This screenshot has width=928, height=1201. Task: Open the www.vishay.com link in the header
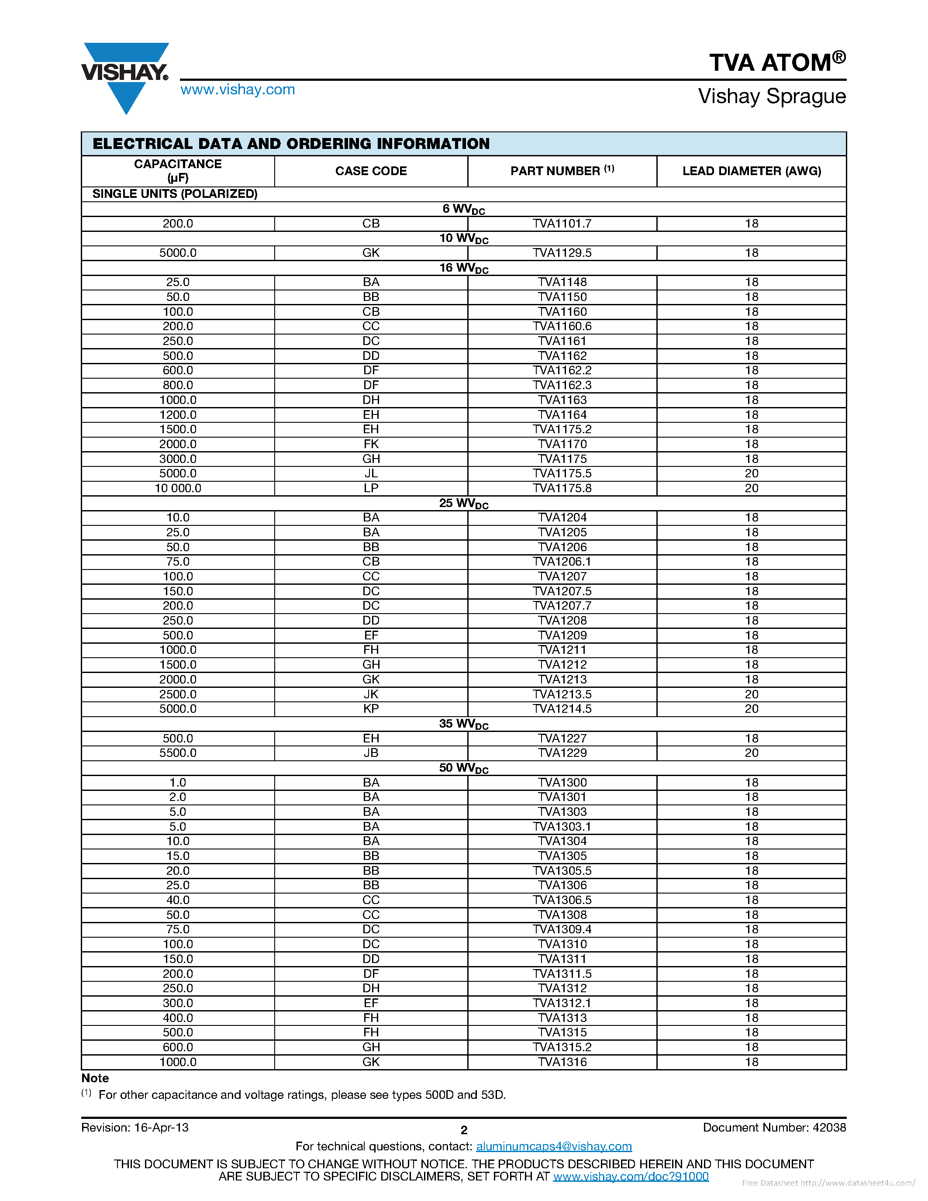[x=238, y=90]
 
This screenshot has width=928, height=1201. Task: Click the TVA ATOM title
[x=777, y=62]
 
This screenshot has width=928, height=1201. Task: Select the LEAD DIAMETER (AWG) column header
[x=752, y=171]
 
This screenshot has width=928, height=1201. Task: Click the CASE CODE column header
[x=371, y=171]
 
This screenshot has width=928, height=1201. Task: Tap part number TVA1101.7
[x=562, y=223]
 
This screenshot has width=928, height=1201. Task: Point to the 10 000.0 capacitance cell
[x=178, y=488]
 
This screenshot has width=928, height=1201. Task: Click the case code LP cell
[x=371, y=488]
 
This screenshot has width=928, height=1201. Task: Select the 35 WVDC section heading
[x=463, y=724]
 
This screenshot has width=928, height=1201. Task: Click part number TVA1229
[x=562, y=753]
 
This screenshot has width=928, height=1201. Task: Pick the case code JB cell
[x=371, y=753]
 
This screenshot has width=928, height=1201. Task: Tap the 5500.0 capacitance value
[x=178, y=753]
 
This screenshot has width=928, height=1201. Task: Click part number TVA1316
[x=562, y=1062]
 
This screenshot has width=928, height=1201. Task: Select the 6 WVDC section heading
[x=463, y=209]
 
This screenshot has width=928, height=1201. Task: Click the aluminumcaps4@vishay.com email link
[x=554, y=1146]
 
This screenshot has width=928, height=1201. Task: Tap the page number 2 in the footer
[x=463, y=1130]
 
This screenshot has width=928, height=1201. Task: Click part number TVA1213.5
[x=562, y=694]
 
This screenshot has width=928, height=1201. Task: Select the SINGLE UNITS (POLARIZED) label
[x=175, y=193]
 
